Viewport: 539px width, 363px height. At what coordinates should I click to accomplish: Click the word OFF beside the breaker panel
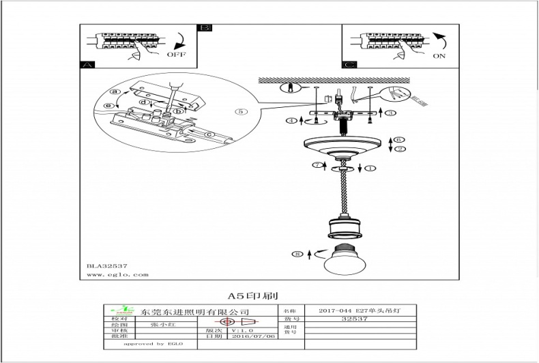click(176, 54)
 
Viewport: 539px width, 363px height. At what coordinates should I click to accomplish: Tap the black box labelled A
click(87, 65)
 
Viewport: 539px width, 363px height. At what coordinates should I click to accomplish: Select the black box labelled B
click(204, 28)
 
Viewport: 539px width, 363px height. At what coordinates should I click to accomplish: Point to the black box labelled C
click(349, 65)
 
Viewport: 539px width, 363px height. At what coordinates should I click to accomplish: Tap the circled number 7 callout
click(316, 165)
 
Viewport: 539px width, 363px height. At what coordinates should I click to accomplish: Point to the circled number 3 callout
click(391, 113)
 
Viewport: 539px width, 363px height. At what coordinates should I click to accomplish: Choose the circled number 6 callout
click(400, 140)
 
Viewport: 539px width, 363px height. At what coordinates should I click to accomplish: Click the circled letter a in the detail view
click(115, 91)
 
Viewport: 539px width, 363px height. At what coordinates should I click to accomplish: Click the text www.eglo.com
click(117, 275)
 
